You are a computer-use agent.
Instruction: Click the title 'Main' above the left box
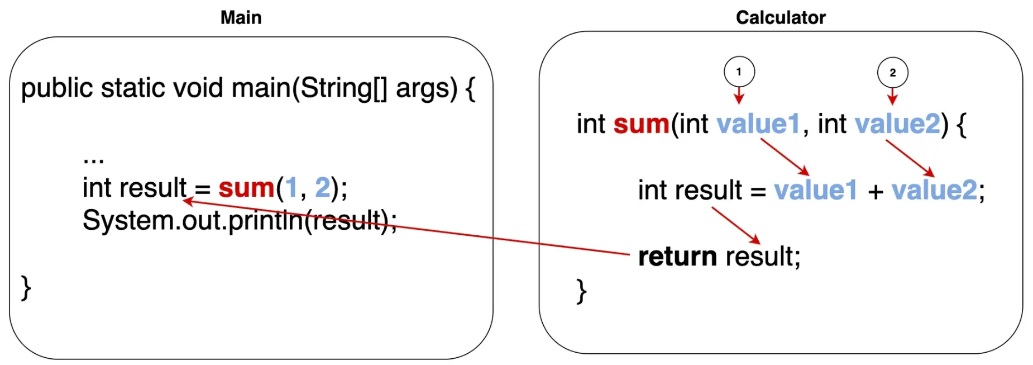coord(241,17)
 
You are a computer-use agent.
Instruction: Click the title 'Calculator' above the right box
coord(780,17)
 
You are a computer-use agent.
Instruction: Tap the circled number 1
coord(739,72)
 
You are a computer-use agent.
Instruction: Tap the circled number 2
coord(892,73)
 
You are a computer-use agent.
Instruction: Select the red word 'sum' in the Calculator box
coord(641,124)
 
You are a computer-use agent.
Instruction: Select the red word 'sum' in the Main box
coord(246,188)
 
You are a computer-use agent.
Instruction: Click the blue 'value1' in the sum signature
coord(758,124)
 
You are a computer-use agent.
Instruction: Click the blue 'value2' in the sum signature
coord(897,124)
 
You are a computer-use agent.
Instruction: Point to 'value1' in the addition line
coord(815,190)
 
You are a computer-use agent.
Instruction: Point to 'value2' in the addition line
coord(934,190)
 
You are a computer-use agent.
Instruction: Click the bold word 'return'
coord(677,257)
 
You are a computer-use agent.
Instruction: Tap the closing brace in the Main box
coord(26,288)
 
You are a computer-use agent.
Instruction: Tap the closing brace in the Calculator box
coord(581,291)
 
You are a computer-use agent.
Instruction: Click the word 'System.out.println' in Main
coord(193,221)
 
